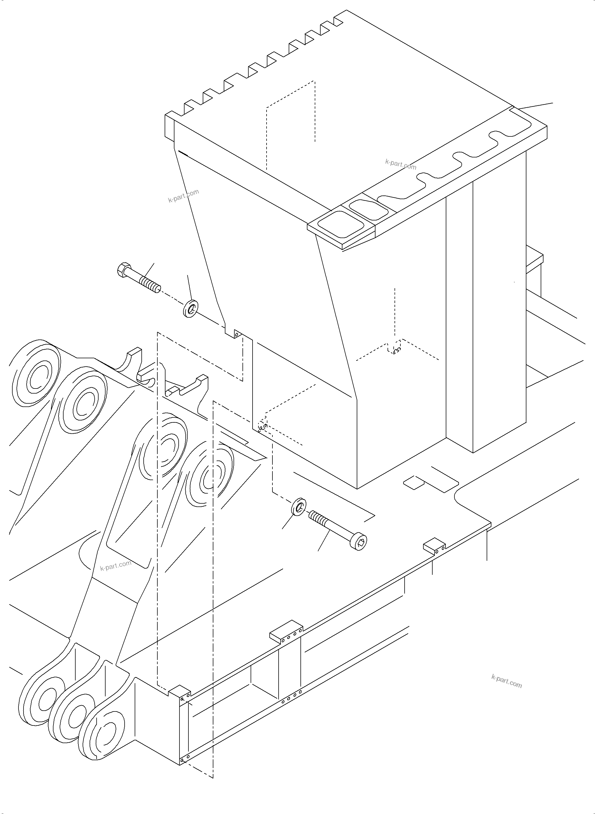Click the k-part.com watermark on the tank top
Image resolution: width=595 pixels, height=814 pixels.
400,164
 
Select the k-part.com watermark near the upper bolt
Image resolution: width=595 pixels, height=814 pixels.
183,196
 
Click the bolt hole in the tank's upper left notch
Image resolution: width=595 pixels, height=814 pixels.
236,334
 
